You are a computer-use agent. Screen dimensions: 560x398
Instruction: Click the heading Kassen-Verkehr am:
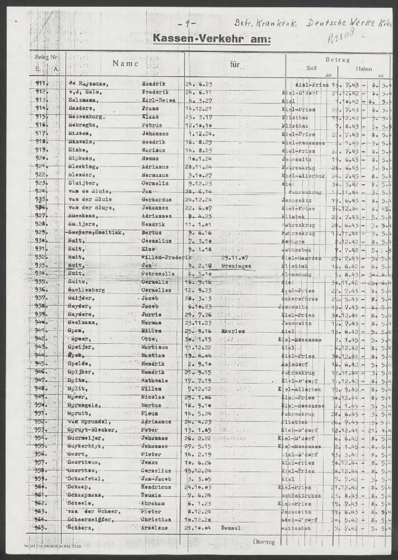211,39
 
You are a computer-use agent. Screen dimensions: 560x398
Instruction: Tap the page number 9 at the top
182,24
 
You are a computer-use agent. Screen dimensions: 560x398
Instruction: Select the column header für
235,64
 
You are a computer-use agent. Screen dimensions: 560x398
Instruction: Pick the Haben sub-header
364,69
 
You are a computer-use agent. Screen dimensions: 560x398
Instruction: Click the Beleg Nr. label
46,57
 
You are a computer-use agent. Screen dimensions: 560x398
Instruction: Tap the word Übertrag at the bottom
264,542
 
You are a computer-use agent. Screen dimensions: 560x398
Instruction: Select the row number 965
41,528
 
